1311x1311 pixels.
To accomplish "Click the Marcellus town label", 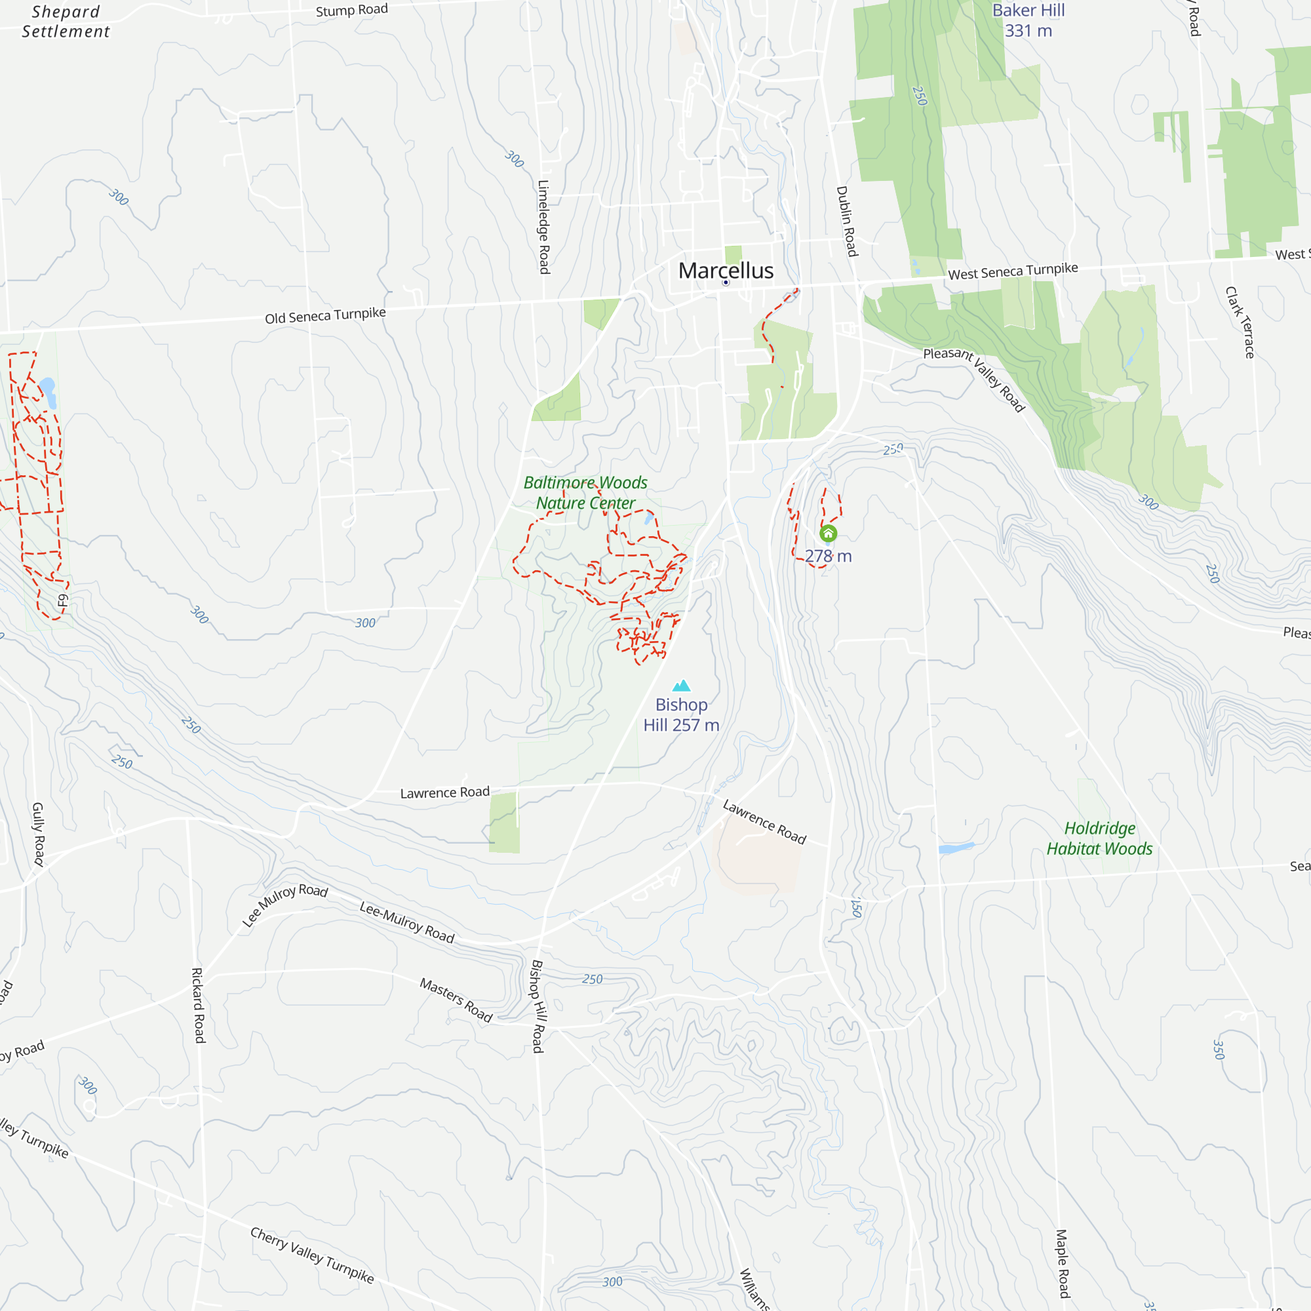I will pos(726,270).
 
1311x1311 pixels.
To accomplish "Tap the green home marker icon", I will pos(828,534).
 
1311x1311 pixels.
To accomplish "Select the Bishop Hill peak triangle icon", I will pos(681,686).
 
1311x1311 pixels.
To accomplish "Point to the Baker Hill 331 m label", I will pos(1028,20).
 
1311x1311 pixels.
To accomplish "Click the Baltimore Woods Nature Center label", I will pos(585,493).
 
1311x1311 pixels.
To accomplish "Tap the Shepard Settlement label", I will pos(66,22).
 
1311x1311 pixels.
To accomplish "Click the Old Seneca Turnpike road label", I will pos(325,315).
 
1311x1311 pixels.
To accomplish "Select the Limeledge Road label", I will pos(543,227).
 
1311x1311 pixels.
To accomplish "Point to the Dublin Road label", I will pos(846,221).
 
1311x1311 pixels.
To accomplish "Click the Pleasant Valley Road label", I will pos(974,379).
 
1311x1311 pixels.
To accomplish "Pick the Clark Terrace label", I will pos(1239,323).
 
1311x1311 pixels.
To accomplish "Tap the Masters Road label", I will pos(456,1000).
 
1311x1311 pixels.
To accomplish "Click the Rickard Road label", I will pos(197,1005).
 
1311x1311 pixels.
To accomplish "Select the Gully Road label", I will pos(38,834).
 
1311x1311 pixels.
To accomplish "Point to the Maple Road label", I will pos(1062,1264).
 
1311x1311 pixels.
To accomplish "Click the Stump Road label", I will pos(351,10).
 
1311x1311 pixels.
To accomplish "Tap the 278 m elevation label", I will pos(828,557).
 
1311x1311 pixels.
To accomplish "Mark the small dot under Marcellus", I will pos(726,283).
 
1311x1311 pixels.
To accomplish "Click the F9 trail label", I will pos(62,600).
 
